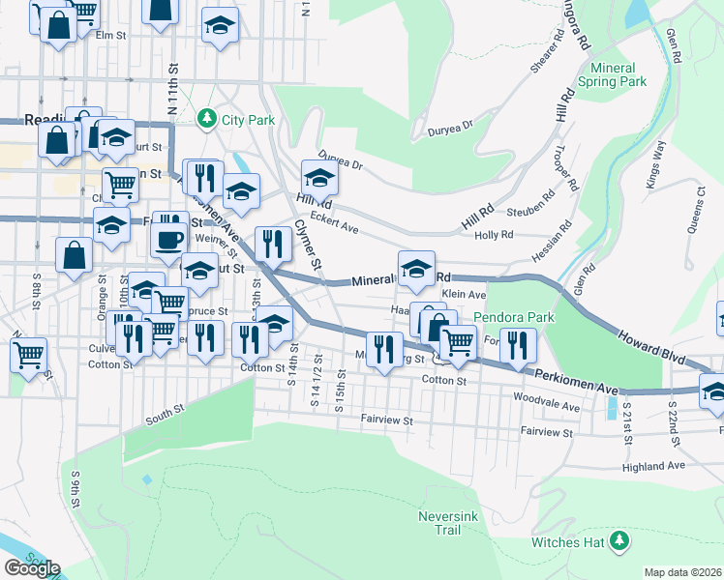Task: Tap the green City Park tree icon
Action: coord(205,120)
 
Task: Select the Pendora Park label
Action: coord(512,317)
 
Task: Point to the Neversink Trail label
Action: coord(446,523)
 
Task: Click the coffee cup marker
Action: coord(170,240)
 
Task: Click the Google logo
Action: coord(32,568)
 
